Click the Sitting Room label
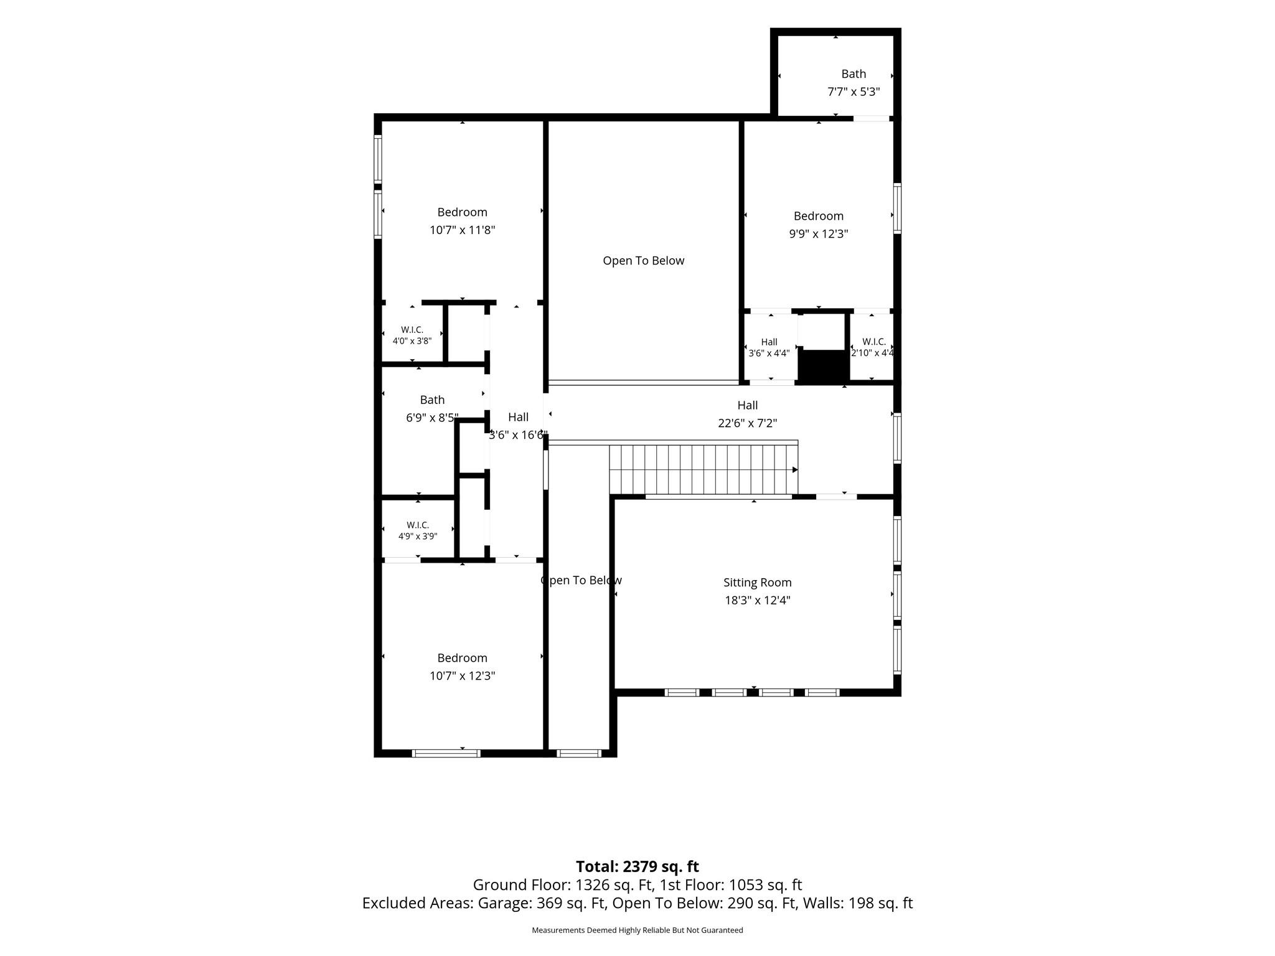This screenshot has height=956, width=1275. pos(757,583)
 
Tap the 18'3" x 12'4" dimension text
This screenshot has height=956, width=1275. pos(757,601)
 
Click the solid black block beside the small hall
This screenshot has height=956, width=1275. pos(824,367)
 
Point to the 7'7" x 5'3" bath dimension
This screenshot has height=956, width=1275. pos(853,92)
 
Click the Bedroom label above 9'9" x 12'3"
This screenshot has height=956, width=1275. pos(818,216)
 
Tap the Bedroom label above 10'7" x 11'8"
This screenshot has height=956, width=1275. pos(462,212)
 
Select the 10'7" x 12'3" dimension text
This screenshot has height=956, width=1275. pos(462,676)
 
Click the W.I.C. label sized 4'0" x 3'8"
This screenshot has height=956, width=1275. pos(412,330)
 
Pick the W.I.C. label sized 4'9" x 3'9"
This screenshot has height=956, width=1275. pos(418,525)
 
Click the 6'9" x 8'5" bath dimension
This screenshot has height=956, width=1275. pos(432,418)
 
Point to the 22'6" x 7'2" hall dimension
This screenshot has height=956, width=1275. pos(747,423)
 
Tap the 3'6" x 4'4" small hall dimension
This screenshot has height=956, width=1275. pos(769,354)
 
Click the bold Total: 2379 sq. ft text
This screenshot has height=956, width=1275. pos(637,866)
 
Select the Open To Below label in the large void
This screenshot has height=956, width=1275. pos(643,261)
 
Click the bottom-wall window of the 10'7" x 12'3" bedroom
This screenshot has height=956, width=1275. pos(446,753)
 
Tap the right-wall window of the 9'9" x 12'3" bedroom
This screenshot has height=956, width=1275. pos(897,209)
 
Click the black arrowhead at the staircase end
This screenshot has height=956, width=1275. pos(795,470)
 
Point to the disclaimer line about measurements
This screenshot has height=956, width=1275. pos(637,930)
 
